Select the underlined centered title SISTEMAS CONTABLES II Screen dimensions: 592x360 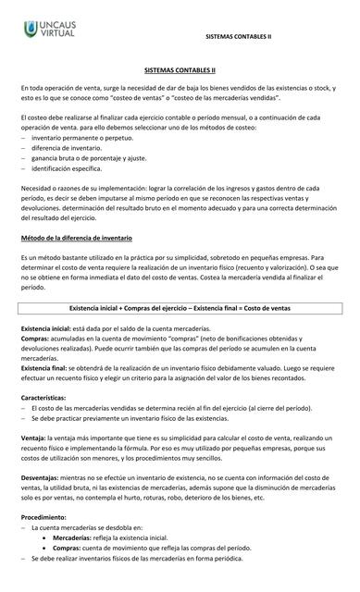click(x=180, y=68)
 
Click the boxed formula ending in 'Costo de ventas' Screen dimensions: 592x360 click(x=180, y=306)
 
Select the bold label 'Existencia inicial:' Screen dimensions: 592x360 click(x=45, y=329)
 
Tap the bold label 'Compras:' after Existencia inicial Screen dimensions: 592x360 click(x=35, y=339)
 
